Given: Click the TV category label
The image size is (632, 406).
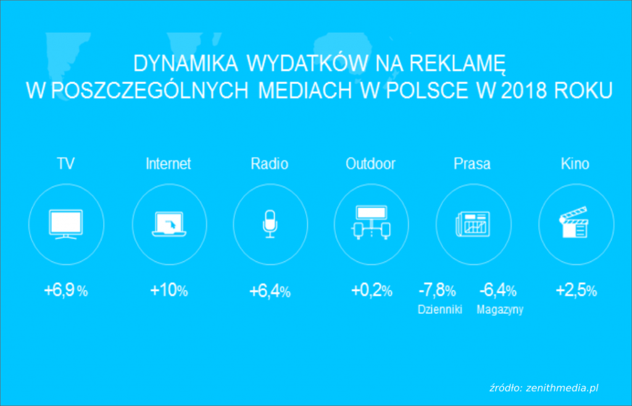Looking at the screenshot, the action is point(65,164).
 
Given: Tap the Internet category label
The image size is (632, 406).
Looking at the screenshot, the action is point(168,164).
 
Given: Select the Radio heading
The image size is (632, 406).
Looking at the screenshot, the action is point(269,164).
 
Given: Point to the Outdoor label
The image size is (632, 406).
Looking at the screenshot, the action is point(370,164).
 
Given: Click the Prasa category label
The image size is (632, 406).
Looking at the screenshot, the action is point(472,164).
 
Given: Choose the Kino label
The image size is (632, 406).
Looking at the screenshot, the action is point(575,164).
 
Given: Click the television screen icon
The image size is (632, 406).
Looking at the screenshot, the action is point(65,224).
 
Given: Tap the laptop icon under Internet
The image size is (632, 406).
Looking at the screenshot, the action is point(169,224).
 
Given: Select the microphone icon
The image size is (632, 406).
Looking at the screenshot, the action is point(270,224).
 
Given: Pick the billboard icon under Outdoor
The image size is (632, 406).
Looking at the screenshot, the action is point(371,223).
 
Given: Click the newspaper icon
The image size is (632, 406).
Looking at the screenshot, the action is point(473,224).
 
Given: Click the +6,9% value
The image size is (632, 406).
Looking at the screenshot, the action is point(65,290).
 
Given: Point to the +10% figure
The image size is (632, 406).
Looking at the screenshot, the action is point(169,290).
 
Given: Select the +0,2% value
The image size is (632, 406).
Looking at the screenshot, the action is point(372,290).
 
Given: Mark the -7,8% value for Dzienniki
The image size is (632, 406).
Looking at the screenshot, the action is point(438,290).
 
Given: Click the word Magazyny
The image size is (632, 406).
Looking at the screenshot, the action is point(500,310).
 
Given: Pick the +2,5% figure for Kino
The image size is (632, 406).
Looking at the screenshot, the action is point(576,290).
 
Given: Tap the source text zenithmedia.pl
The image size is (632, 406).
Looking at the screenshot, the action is point(562,388).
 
